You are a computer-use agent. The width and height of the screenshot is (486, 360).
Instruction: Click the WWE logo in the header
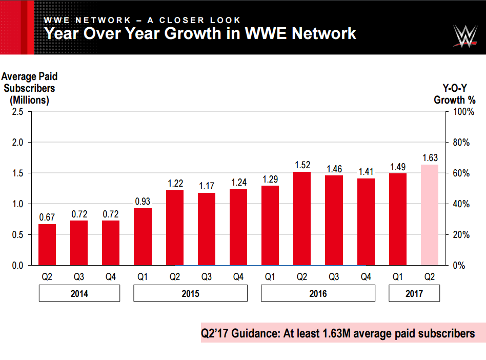coord(465,36)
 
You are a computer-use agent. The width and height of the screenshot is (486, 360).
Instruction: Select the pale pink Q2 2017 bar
coord(430,215)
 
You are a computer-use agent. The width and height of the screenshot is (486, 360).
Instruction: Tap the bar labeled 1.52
coord(302,218)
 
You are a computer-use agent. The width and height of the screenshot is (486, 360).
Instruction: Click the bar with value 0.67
coord(47,245)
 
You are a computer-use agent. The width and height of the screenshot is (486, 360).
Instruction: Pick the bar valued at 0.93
coord(143,236)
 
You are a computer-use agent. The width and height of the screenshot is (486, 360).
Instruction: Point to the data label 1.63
coord(430,157)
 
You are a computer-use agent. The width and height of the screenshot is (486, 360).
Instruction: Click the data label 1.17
coord(207,186)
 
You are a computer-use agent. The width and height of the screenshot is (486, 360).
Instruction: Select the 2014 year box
coord(79,294)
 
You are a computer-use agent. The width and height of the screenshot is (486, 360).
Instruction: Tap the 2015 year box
coord(190,294)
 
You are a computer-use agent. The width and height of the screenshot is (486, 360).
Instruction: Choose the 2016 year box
coord(318,294)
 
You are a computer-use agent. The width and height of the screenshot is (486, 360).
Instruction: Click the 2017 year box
coord(414,294)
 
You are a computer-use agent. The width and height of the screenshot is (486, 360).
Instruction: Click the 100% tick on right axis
coord(459,112)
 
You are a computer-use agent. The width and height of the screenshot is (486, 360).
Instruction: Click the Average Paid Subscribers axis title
coord(30,88)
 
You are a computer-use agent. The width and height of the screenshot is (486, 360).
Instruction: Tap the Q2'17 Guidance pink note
coord(338,333)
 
